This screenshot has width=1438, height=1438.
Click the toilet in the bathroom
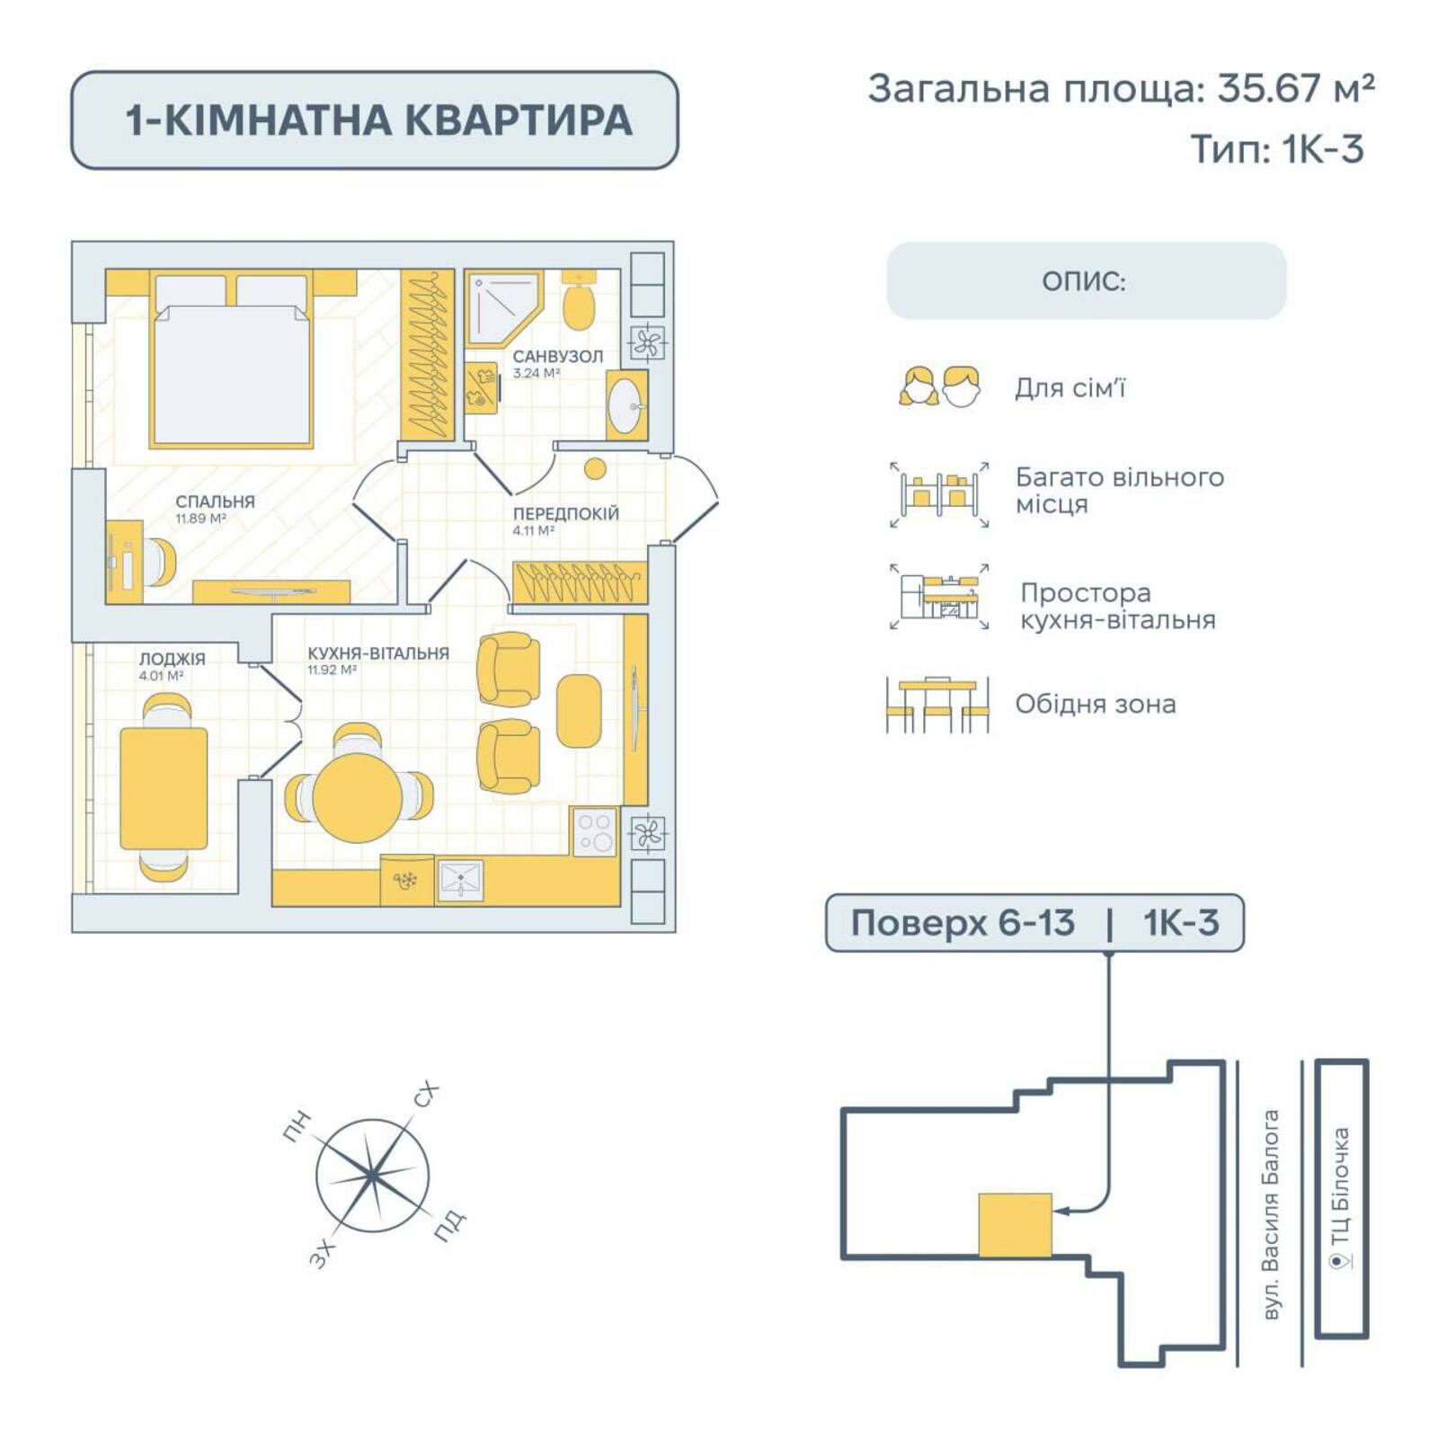579,305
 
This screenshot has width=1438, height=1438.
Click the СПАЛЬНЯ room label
215,502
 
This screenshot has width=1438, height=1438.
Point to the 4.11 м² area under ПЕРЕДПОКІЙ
533,531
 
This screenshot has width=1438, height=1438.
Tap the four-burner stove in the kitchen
594,832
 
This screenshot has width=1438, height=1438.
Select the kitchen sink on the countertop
460,879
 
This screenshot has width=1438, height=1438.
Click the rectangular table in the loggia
164,788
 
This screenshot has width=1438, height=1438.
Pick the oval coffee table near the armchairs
578,711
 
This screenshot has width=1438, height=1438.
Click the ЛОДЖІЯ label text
172,659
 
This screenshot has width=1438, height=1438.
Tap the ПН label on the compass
297,1126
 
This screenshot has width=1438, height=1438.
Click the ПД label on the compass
449,1226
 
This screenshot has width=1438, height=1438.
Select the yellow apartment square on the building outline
1015,1225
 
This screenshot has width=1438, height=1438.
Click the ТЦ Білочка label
1340,1186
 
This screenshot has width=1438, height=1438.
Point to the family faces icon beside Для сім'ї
939,387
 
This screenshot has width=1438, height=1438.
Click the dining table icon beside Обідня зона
937,704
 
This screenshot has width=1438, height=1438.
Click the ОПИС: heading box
1086,281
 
